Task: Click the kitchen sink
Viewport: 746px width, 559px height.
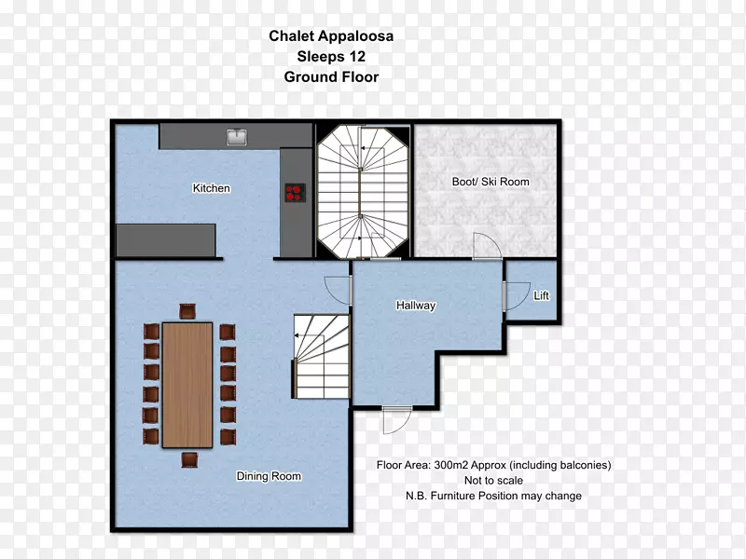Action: (237, 137)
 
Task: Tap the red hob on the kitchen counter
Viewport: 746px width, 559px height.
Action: (295, 193)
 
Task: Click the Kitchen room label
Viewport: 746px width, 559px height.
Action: (212, 188)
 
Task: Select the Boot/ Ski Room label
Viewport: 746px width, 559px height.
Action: (490, 182)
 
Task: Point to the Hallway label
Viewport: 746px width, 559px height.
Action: (416, 306)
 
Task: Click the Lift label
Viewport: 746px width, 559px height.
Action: (541, 295)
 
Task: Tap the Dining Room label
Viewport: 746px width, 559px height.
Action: (269, 476)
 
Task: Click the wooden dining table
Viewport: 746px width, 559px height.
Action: (187, 385)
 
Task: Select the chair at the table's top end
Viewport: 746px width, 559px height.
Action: (187, 312)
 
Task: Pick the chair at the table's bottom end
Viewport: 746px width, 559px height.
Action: (189, 459)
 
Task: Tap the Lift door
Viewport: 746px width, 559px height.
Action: (517, 296)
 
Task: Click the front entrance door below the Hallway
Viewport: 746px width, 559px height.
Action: (397, 420)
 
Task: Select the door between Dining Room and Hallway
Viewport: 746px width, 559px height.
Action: (337, 290)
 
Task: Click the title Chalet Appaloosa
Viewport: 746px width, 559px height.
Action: (331, 36)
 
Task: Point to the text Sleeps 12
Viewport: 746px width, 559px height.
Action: (331, 57)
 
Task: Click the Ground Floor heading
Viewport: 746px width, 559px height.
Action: (331, 77)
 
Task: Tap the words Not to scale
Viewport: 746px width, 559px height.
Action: (493, 481)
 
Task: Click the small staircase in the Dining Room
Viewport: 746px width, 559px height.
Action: (322, 357)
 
